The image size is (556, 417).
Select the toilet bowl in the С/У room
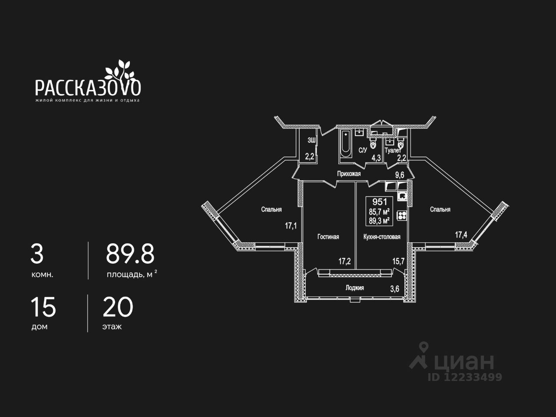point(373,143)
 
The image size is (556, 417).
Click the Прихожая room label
point(349,174)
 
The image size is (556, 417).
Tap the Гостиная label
point(328,237)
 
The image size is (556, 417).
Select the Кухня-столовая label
point(382,237)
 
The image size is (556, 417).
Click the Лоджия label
point(354,288)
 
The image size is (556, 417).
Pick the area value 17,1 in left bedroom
point(291,225)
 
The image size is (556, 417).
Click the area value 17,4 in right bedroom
point(461,235)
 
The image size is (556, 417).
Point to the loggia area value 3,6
point(394,289)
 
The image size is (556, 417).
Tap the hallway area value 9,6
point(400,175)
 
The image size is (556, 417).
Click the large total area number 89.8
point(130,254)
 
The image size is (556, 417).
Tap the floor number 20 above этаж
point(118,308)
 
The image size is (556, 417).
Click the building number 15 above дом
point(43,308)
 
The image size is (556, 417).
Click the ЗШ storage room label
point(311,140)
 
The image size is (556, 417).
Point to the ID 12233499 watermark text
point(465,377)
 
